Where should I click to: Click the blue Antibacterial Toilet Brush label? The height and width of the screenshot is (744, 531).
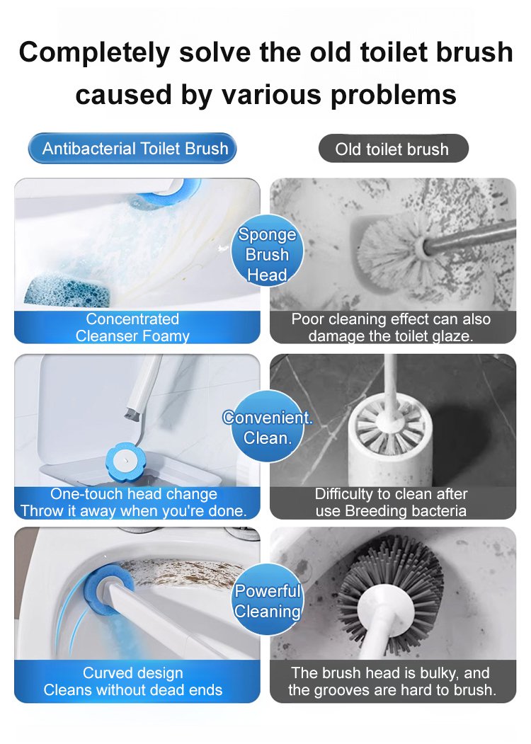(x=132, y=149)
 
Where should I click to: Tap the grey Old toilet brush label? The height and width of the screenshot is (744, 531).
(x=393, y=149)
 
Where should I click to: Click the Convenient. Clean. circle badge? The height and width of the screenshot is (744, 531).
(x=267, y=427)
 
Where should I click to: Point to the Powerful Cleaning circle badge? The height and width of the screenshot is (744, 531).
(x=268, y=600)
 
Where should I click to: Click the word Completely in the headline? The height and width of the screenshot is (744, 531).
(x=94, y=53)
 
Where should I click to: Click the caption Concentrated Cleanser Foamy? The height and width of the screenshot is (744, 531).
(x=132, y=327)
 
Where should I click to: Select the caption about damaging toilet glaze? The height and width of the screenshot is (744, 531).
(x=391, y=327)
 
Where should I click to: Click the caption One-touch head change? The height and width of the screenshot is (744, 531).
(x=133, y=494)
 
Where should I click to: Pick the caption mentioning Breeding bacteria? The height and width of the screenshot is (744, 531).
(x=391, y=503)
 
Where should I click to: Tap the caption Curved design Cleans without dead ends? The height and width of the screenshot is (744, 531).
(x=133, y=682)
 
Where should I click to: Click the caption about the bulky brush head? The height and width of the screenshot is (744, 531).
(x=392, y=682)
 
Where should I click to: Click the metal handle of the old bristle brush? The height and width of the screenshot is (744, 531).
(x=470, y=236)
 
